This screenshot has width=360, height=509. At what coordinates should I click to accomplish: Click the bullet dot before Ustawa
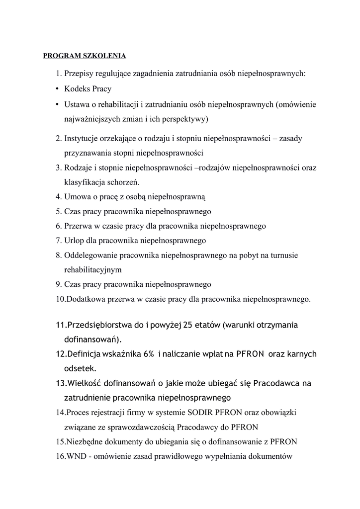[58, 104]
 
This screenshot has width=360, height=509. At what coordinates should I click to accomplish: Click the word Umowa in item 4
[77, 196]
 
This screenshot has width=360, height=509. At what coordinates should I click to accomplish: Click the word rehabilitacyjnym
[93, 270]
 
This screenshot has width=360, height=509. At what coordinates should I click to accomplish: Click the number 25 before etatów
[187, 325]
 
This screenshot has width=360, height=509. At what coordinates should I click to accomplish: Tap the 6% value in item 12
[149, 354]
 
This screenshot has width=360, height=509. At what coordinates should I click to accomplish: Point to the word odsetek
[81, 369]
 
